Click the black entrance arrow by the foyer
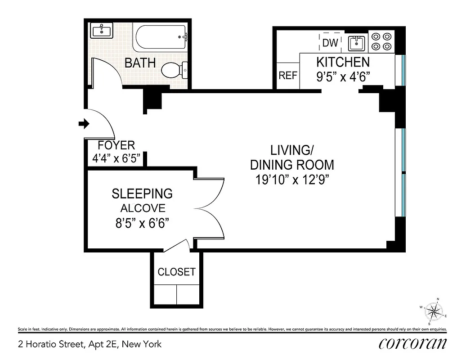83,124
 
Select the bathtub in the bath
160,38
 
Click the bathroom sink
102,31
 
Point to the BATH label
140,63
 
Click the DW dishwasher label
330,43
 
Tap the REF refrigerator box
288,75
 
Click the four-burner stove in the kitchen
381,41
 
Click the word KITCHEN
343,62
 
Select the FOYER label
116,145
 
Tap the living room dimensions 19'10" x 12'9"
293,180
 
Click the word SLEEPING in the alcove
142,193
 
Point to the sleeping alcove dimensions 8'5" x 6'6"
142,223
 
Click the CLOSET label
176,272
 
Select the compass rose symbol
434,311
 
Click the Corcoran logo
412,344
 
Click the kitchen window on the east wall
403,70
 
